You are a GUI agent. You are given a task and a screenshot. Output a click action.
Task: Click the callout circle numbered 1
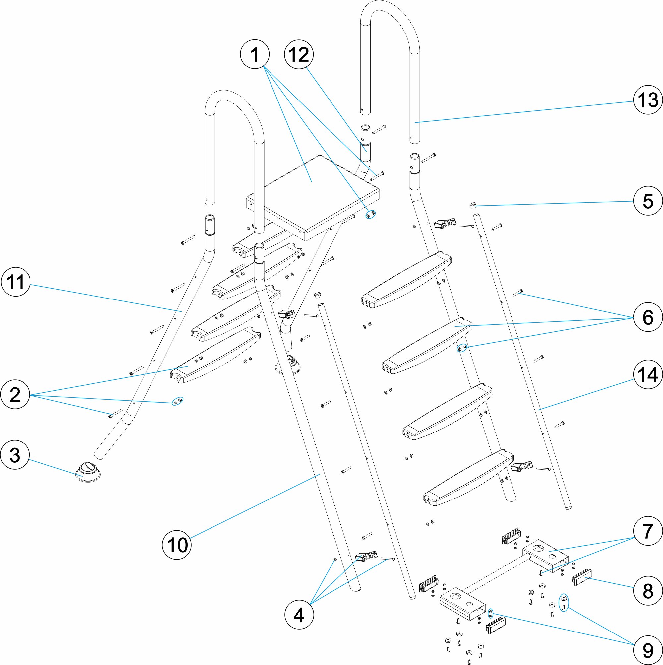click(255, 54)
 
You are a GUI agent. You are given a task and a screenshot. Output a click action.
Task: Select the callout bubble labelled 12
click(299, 54)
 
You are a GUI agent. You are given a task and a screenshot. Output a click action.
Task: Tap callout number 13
click(648, 100)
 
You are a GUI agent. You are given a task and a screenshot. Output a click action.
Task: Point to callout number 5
click(648, 201)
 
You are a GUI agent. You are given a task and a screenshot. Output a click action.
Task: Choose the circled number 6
click(648, 317)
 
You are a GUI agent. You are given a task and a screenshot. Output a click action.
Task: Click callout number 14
click(648, 374)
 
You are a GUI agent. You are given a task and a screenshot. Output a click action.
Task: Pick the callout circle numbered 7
click(648, 531)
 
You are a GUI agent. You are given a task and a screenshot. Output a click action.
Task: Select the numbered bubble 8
click(648, 591)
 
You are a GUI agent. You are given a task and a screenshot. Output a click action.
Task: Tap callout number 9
click(648, 650)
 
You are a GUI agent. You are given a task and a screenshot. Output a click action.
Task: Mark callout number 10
click(177, 545)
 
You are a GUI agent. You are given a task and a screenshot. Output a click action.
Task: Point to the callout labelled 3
click(15, 455)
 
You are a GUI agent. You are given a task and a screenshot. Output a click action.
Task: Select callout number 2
click(15, 394)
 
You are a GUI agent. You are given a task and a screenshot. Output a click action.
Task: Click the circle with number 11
click(16, 282)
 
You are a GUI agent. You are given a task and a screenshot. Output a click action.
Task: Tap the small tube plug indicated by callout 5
click(473, 206)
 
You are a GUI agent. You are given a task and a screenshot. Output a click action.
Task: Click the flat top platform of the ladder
click(311, 193)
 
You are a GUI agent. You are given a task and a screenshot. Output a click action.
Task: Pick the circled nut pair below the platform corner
click(371, 215)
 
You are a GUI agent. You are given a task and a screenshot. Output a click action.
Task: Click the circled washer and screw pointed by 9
click(564, 603)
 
